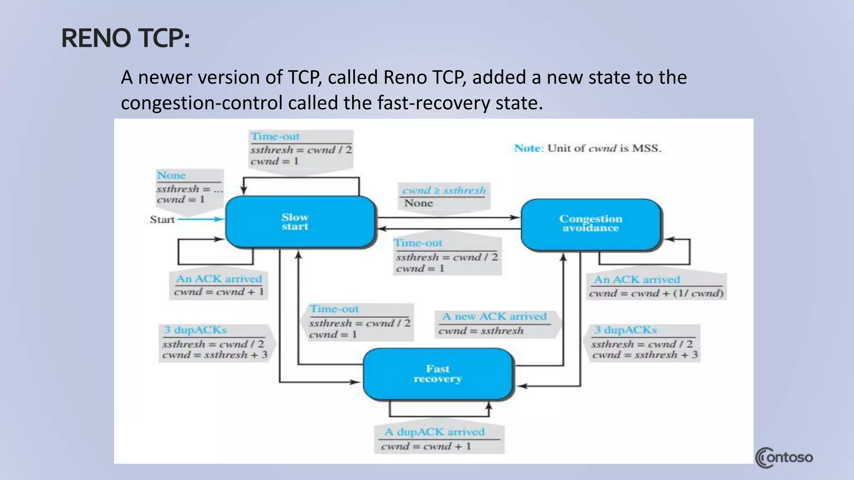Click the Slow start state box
click(300, 222)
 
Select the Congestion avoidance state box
click(590, 224)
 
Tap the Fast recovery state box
click(438, 374)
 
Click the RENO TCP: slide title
click(126, 38)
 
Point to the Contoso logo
click(784, 457)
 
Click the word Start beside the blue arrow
click(162, 220)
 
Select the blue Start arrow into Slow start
click(200, 219)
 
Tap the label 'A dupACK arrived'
click(435, 432)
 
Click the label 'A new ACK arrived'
click(494, 317)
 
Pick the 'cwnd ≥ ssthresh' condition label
click(444, 190)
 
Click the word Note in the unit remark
click(528, 148)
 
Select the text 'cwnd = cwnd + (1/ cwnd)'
click(656, 293)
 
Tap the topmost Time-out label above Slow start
click(275, 136)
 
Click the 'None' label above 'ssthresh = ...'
click(171, 175)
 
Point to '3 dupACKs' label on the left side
click(195, 330)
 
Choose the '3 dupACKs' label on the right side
click(625, 330)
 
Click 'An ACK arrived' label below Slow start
click(219, 279)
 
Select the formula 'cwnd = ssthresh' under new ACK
click(481, 331)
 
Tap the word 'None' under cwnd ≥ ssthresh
click(418, 203)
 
